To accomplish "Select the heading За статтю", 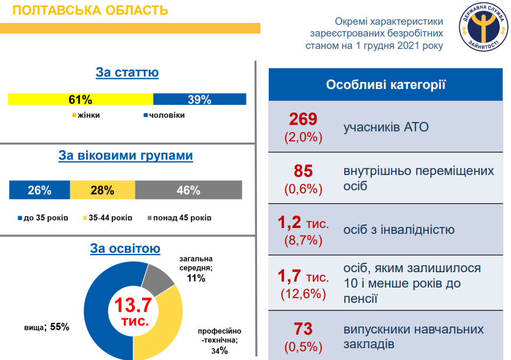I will click(127, 72).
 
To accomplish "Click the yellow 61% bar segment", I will click(80, 99).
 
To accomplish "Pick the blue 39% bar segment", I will click(199, 99).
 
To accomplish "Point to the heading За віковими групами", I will click(126, 156).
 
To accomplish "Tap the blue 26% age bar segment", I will click(39, 190).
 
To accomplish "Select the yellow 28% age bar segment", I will click(102, 190).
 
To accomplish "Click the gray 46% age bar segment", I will click(188, 190).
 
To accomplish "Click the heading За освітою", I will click(125, 249).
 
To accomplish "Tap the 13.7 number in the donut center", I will click(133, 305).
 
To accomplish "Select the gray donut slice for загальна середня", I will click(157, 279).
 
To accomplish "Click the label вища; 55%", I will click(47, 326).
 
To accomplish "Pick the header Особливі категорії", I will click(385, 84).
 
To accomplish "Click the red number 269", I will click(304, 120).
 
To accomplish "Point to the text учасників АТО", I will click(386, 127).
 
